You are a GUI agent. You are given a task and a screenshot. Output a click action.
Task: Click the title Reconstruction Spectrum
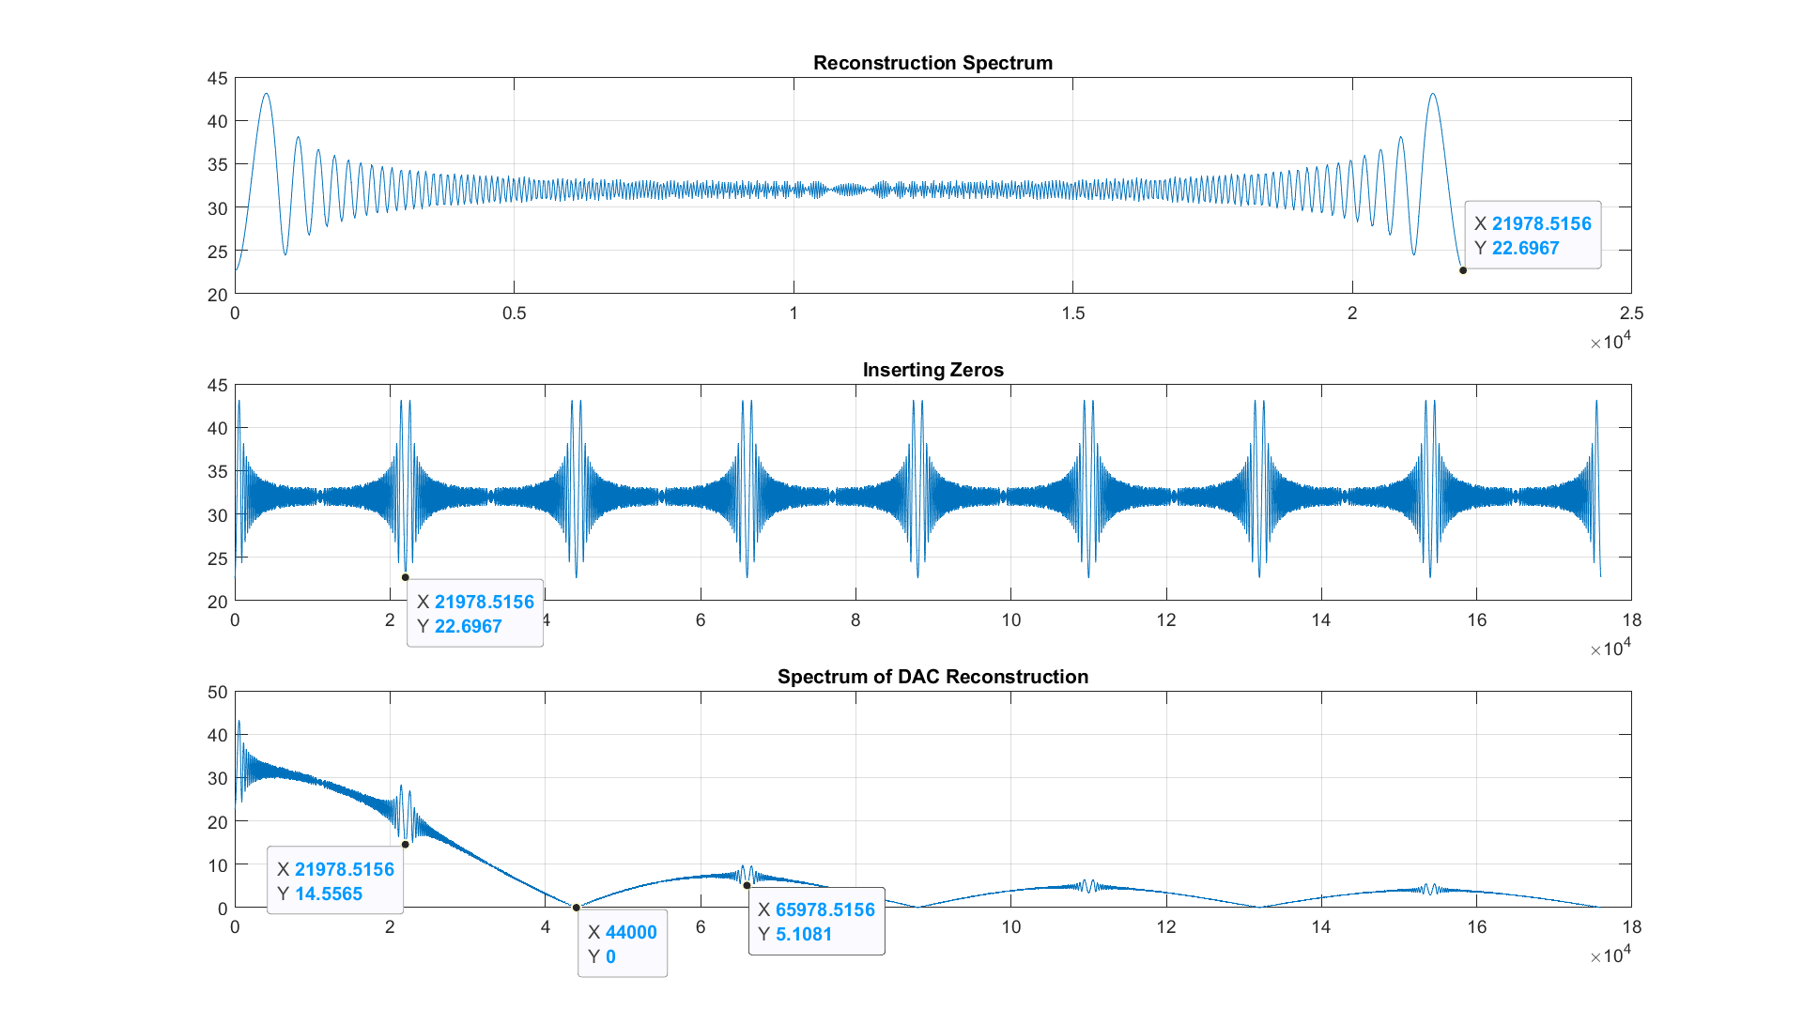932,63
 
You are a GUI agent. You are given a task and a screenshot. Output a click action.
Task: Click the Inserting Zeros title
932,370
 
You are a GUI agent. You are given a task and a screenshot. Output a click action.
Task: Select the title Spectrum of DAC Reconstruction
932,677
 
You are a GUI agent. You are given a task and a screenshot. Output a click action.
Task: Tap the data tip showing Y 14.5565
335,880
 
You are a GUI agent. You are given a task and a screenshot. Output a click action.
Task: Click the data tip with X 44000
622,943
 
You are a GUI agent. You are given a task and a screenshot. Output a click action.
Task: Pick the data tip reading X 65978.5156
816,921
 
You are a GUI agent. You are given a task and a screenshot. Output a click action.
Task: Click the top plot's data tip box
1533,236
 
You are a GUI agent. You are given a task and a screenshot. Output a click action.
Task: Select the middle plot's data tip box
475,613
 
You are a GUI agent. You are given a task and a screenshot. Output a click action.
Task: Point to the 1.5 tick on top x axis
1073,313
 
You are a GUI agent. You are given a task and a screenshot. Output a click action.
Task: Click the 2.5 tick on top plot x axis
1631,313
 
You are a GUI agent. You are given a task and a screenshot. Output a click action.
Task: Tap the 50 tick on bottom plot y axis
218,693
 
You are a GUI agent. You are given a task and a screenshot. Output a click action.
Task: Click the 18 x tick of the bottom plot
1631,927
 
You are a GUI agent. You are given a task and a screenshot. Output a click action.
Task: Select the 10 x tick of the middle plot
1010,620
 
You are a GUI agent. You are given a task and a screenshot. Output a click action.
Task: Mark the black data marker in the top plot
1463,270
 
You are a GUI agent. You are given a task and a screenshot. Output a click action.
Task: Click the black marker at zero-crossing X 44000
577,908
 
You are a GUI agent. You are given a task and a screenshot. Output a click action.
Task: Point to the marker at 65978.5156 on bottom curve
747,885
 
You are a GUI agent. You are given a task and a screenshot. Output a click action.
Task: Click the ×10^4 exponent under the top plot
1610,341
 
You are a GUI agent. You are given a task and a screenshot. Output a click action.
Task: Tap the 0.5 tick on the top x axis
514,313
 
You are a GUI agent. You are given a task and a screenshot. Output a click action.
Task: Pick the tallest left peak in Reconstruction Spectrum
267,94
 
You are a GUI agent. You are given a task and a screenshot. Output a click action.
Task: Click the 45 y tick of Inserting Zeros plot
218,386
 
